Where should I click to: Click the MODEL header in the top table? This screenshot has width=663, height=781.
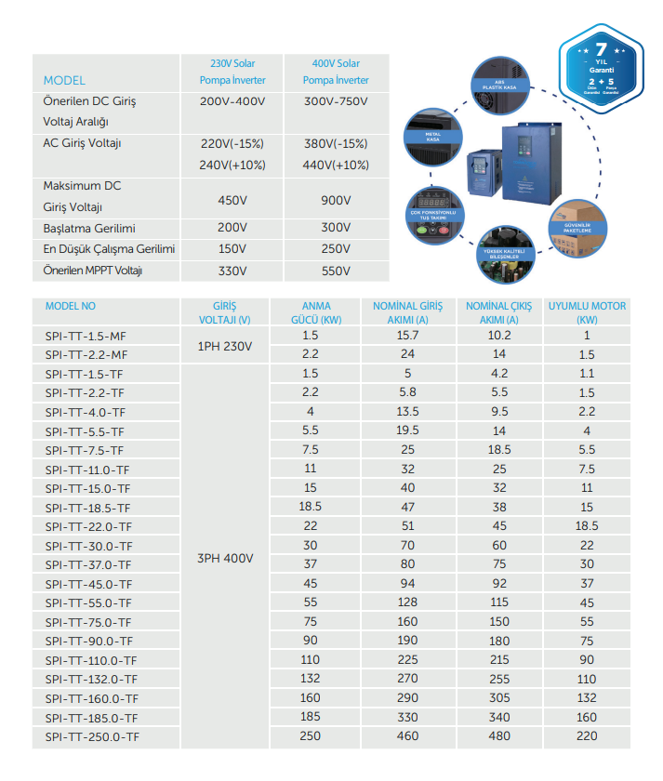click(x=64, y=80)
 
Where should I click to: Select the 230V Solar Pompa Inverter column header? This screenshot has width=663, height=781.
click(x=232, y=72)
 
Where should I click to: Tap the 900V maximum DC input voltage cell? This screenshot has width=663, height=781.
click(x=336, y=200)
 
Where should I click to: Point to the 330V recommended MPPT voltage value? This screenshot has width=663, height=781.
click(x=232, y=271)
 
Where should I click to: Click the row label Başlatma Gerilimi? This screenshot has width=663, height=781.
click(x=89, y=228)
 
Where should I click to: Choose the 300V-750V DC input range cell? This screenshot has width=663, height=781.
click(x=336, y=100)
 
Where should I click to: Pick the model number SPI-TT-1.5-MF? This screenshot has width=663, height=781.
click(x=85, y=336)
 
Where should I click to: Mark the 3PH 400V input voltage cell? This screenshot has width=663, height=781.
click(x=225, y=559)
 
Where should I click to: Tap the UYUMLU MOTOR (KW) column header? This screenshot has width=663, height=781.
click(x=586, y=312)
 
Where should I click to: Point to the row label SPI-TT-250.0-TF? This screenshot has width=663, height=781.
click(x=91, y=736)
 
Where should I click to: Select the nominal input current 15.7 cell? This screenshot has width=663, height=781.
click(x=407, y=335)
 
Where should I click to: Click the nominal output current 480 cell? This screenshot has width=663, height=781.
click(x=499, y=736)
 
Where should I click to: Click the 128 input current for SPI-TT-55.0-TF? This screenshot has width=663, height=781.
click(x=407, y=602)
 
